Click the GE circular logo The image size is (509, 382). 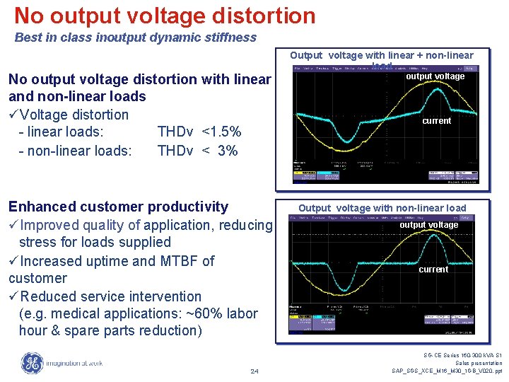pyautogui.click(x=32, y=363)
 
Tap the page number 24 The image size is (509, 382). pyautogui.click(x=255, y=371)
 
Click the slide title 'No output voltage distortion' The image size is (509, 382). pyautogui.click(x=165, y=16)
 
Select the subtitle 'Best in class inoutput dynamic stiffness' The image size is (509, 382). pyautogui.click(x=136, y=37)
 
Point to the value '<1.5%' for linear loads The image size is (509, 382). pyautogui.click(x=221, y=132)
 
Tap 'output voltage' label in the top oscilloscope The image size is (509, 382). pyautogui.click(x=435, y=76)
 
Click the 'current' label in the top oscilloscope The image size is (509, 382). pyautogui.click(x=436, y=121)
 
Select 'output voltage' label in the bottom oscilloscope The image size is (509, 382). pyautogui.click(x=428, y=225)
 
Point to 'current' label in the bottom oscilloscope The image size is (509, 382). pyautogui.click(x=433, y=270)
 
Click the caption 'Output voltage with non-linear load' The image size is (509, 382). pyautogui.click(x=382, y=208)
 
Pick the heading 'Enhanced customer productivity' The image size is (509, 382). pyautogui.click(x=118, y=207)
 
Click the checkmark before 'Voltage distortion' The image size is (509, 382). pyautogui.click(x=13, y=115)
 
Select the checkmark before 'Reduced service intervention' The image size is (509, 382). pyautogui.click(x=13, y=296)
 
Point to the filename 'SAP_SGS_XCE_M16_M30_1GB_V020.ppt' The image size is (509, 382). pyautogui.click(x=447, y=371)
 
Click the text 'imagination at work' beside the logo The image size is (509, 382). pyautogui.click(x=74, y=364)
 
